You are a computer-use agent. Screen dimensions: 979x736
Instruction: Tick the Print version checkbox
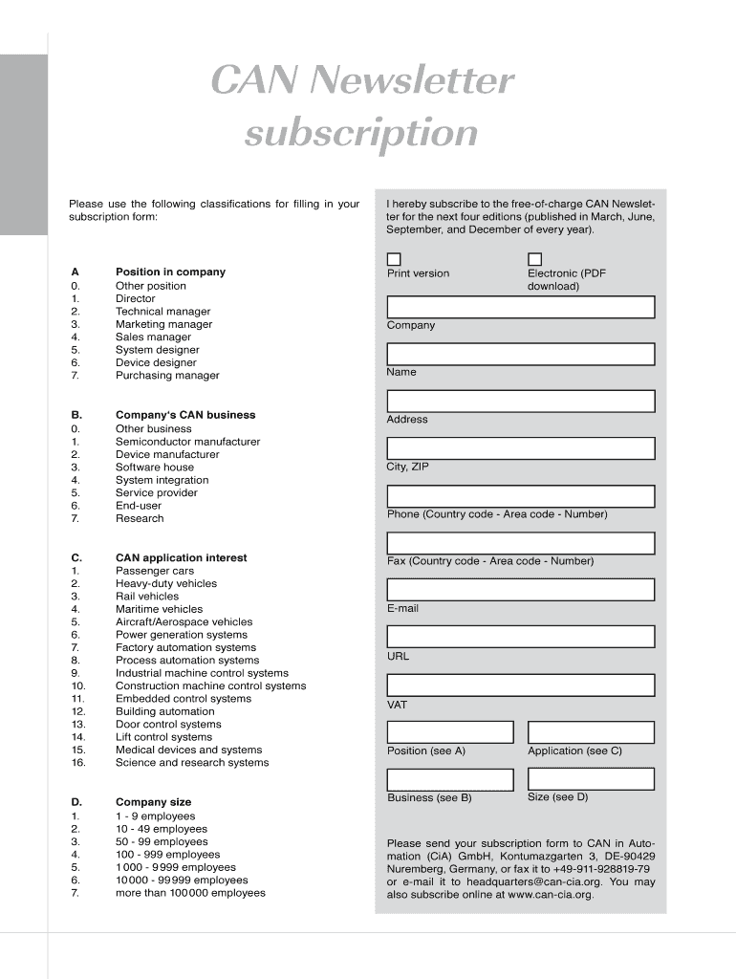coord(394,259)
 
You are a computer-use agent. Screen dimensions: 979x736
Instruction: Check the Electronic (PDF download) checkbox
coord(534,259)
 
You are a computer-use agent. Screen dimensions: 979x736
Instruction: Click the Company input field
coord(520,307)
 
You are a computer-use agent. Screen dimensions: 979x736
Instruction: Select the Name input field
coord(520,355)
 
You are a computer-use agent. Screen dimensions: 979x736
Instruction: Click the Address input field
coord(520,402)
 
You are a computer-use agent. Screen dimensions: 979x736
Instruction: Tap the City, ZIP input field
coord(520,448)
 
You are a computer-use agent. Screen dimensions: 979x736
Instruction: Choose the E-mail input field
coord(520,590)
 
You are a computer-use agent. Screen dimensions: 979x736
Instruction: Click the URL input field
coord(520,637)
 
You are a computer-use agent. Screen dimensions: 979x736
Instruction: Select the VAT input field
coord(520,685)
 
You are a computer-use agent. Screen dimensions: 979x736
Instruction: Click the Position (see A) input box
coord(450,732)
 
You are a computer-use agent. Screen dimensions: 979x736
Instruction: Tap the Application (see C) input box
coord(591,732)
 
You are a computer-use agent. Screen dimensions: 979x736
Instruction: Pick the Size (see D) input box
coord(591,779)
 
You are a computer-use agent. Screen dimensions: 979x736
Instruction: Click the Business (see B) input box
coord(450,779)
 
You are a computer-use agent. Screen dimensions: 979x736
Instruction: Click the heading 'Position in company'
coord(170,272)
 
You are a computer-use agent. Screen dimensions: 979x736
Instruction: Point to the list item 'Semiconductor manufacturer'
coord(187,442)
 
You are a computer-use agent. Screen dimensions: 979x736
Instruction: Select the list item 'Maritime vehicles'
coord(159,609)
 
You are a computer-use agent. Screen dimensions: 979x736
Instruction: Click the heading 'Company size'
coord(153,802)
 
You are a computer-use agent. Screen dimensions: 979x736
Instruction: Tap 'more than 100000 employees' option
coord(190,893)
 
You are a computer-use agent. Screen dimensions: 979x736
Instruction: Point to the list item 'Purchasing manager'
coord(167,376)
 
